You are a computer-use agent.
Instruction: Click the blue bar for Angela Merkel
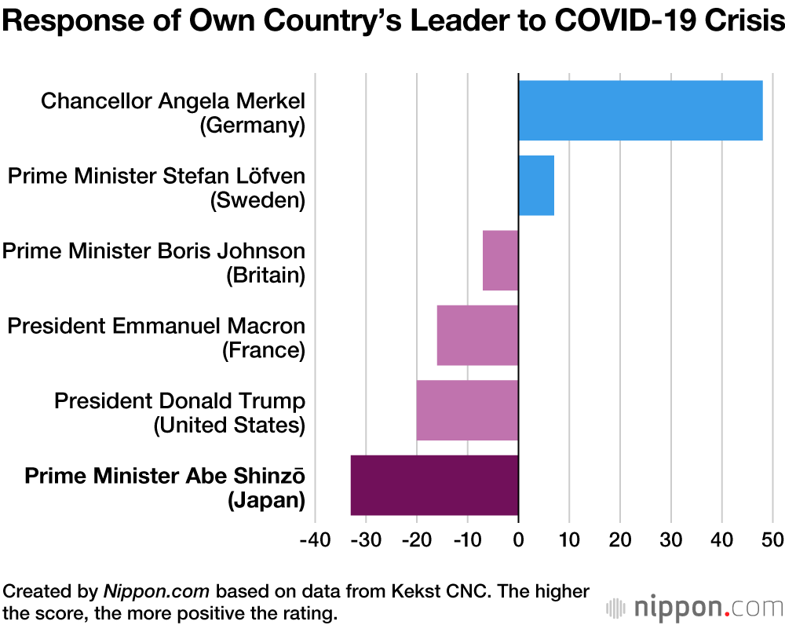(640, 110)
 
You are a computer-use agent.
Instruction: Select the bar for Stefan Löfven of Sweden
(536, 185)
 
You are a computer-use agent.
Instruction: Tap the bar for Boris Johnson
(500, 260)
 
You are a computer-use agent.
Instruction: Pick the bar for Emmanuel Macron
(477, 335)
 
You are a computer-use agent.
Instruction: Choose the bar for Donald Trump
(467, 410)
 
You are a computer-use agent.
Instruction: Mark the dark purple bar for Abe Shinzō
(434, 485)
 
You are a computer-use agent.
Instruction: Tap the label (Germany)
(252, 125)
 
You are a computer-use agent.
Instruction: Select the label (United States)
(229, 426)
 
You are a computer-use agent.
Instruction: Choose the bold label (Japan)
(266, 500)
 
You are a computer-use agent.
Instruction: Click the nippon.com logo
(694, 607)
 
